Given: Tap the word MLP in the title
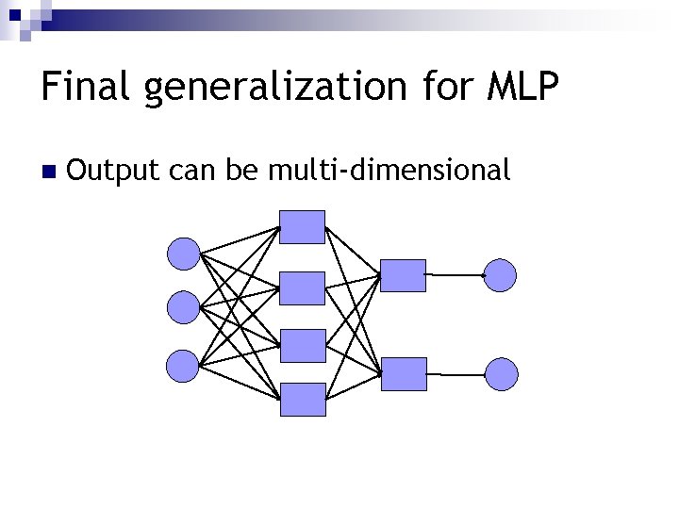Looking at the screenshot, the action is coord(524,87).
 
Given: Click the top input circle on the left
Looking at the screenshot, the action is coord(183,253).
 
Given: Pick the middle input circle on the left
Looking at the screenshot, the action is coord(183,306).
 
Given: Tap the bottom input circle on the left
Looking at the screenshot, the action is coord(183,365).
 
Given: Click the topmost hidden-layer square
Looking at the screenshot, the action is coord(303,227).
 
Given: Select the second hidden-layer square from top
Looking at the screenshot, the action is coord(303,287).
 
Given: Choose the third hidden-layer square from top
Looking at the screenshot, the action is coord(303,345).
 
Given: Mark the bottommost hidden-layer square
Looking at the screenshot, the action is coord(303,400).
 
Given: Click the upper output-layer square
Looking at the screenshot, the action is coord(404,275).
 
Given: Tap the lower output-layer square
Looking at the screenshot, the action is coord(404,374).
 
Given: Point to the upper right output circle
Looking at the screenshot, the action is coord(501,275).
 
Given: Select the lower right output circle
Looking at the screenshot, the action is coord(501,374).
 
